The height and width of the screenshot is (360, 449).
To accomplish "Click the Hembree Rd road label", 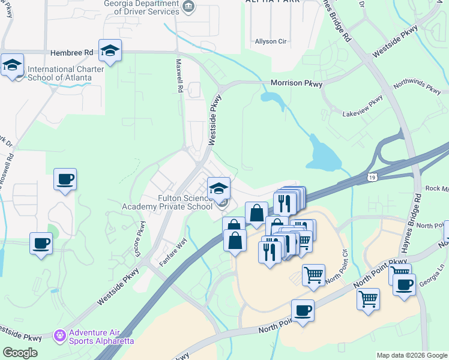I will point(72,53).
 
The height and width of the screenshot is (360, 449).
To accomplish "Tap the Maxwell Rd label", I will point(179,75).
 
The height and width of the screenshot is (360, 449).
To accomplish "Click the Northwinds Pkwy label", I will point(417,88).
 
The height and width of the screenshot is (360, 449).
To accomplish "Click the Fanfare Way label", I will point(173,259).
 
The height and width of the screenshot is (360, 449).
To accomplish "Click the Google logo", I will point(20,353).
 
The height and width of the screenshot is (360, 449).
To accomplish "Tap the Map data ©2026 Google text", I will point(412,355).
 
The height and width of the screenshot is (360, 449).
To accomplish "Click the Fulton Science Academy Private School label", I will point(167,202).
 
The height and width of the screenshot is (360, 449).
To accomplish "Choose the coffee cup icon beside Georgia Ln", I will point(405,284).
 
